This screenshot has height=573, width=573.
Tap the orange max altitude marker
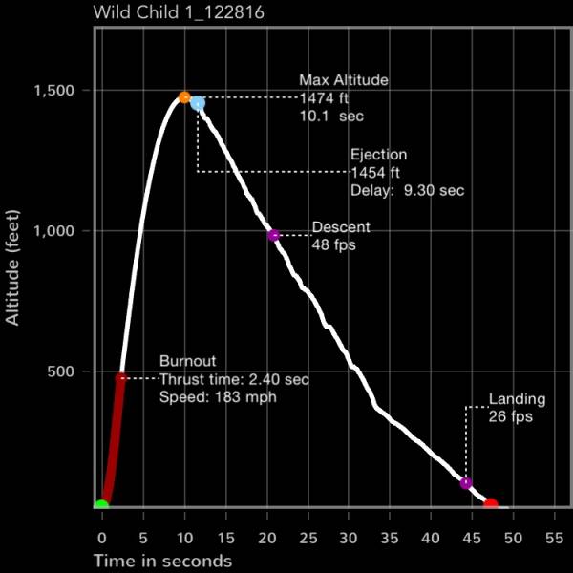(184, 97)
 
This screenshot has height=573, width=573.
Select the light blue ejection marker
(198, 103)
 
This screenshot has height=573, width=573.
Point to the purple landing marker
(466, 482)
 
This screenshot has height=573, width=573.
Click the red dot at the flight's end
(491, 503)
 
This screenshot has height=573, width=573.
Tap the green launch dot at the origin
(101, 504)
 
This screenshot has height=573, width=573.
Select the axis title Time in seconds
(162, 560)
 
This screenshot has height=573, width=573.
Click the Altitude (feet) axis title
(13, 268)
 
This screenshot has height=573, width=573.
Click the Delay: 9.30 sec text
(408, 190)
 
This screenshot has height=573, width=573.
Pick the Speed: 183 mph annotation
(218, 396)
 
